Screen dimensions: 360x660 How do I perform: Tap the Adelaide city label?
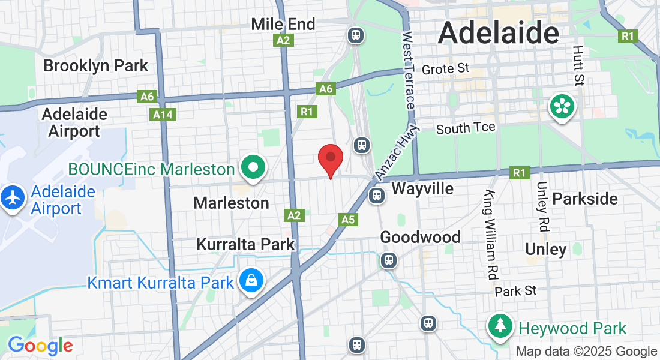499,32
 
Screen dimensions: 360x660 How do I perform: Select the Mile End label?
283,24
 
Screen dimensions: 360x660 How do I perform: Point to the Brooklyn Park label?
95,65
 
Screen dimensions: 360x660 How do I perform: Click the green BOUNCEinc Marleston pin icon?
253,167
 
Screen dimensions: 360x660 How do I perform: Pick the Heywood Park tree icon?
500,326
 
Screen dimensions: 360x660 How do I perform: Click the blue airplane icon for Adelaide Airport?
13,198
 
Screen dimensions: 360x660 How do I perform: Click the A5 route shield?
348,220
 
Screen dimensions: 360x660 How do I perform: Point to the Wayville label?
422,189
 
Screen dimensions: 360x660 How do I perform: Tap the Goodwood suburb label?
420,238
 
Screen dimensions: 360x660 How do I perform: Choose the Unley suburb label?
545,249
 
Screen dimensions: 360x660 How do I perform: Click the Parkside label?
584,199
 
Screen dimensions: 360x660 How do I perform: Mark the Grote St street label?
445,69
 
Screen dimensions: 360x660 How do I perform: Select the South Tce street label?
466,128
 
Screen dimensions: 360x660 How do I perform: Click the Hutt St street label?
578,66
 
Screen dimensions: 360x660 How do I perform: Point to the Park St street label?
515,291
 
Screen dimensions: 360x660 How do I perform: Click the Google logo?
40,346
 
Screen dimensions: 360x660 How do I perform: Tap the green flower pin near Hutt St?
562,107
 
